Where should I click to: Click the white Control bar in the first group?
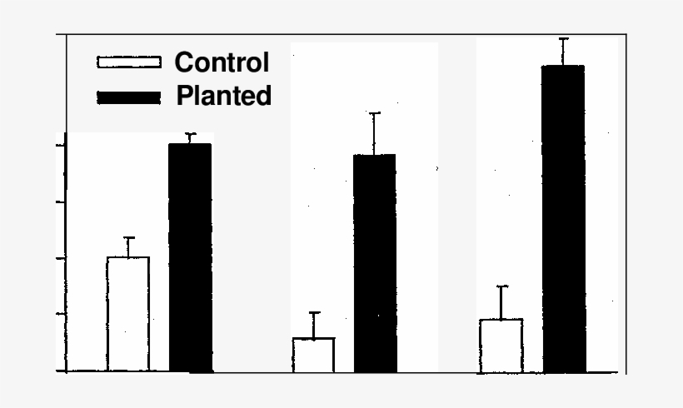point(128,314)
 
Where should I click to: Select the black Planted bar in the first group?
point(190,257)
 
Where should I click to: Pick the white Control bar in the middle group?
point(313,354)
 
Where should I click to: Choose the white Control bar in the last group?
point(501,345)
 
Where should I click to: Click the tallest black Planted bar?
point(563,218)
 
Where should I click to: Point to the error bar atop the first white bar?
point(128,246)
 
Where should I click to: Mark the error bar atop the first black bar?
point(190,138)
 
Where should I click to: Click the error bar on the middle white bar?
point(313,325)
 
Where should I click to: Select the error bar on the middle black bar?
point(375,133)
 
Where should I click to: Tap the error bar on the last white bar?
point(501,302)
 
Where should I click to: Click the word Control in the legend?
point(222,62)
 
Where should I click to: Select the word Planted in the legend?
point(223,96)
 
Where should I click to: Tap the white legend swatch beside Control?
point(129,62)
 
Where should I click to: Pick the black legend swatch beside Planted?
point(129,97)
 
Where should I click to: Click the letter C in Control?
point(184,62)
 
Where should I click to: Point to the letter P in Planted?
point(184,96)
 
